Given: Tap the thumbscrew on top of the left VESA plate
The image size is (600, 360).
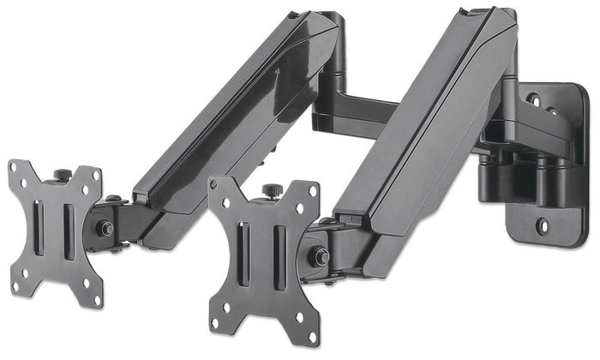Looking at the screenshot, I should coord(62,176).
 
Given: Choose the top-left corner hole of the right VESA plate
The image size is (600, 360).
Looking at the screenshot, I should coord(220,189).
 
